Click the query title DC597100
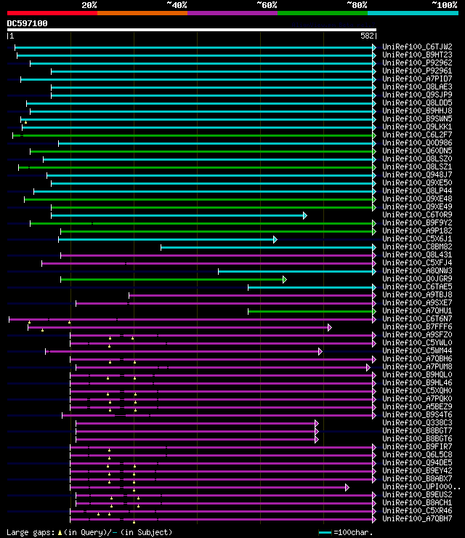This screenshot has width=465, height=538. click(x=28, y=23)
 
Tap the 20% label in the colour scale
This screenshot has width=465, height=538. click(x=89, y=5)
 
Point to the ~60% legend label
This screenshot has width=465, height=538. click(x=267, y=5)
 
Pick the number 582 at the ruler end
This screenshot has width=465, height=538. click(x=367, y=36)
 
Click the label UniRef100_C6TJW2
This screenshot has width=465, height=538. click(x=416, y=47)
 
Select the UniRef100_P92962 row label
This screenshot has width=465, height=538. click(x=416, y=63)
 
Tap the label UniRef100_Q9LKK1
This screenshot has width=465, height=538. click(x=416, y=127)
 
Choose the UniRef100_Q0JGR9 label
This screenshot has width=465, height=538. click(x=416, y=279)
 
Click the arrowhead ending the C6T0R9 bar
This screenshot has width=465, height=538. click(x=305, y=215)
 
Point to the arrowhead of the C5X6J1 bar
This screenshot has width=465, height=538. click(x=275, y=239)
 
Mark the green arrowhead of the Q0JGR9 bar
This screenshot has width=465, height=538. click(x=285, y=279)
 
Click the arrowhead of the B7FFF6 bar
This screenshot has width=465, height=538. click(x=329, y=327)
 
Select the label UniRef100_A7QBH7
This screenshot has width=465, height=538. click(x=416, y=519)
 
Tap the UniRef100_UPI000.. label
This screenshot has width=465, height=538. click(x=420, y=487)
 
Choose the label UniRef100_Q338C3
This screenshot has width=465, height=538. click(x=416, y=423)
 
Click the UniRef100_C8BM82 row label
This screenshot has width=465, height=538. click(x=416, y=247)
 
